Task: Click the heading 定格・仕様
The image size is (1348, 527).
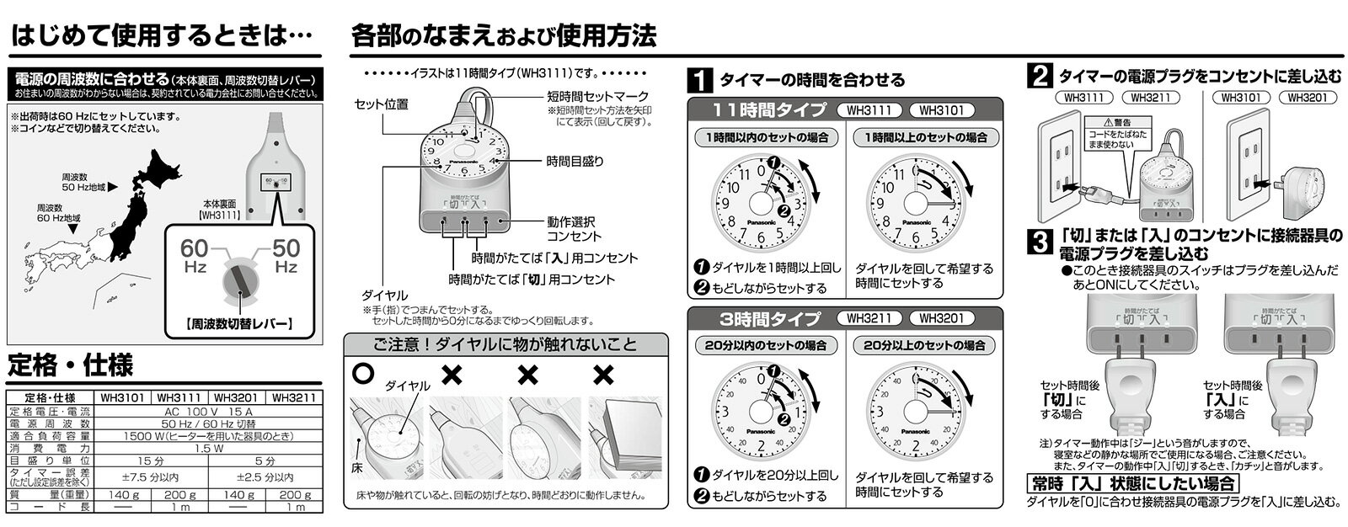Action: coord(71,365)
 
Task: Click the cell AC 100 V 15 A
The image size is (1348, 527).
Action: coord(206,411)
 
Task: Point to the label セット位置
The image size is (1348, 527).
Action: coord(381,104)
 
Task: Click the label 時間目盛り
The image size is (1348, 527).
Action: coord(575,160)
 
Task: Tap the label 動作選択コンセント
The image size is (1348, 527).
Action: coord(574,229)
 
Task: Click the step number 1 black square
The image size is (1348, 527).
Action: coord(698,81)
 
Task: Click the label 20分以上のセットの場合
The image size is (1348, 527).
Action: coord(923,345)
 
